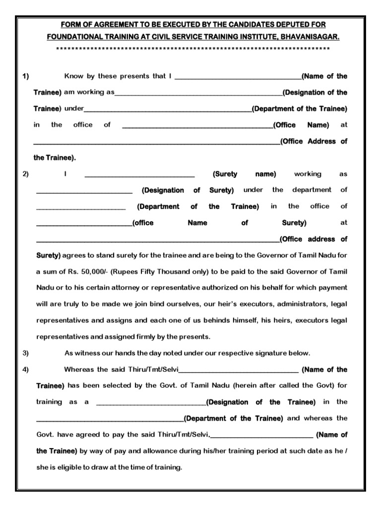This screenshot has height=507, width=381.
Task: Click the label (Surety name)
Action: (x=244, y=174)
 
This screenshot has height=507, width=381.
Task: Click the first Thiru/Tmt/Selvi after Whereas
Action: (x=156, y=369)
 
